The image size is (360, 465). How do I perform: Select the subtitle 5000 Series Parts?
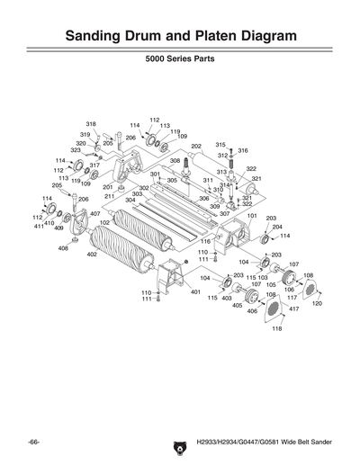[180, 66]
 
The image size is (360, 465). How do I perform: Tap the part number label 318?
[91, 123]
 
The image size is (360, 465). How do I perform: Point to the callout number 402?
[92, 255]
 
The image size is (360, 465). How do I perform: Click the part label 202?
[196, 146]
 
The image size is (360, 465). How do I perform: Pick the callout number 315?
[220, 144]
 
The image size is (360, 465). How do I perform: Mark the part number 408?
[64, 248]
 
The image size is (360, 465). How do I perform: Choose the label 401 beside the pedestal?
[195, 292]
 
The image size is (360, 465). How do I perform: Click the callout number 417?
[293, 309]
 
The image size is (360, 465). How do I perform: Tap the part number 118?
[276, 329]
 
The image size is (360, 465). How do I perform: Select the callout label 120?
[317, 304]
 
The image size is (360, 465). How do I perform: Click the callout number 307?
[224, 214]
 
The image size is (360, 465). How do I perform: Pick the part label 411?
[39, 228]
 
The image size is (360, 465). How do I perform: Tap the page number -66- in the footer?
[33, 443]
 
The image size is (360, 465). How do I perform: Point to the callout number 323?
[76, 150]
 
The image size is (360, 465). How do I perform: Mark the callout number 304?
[130, 200]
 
